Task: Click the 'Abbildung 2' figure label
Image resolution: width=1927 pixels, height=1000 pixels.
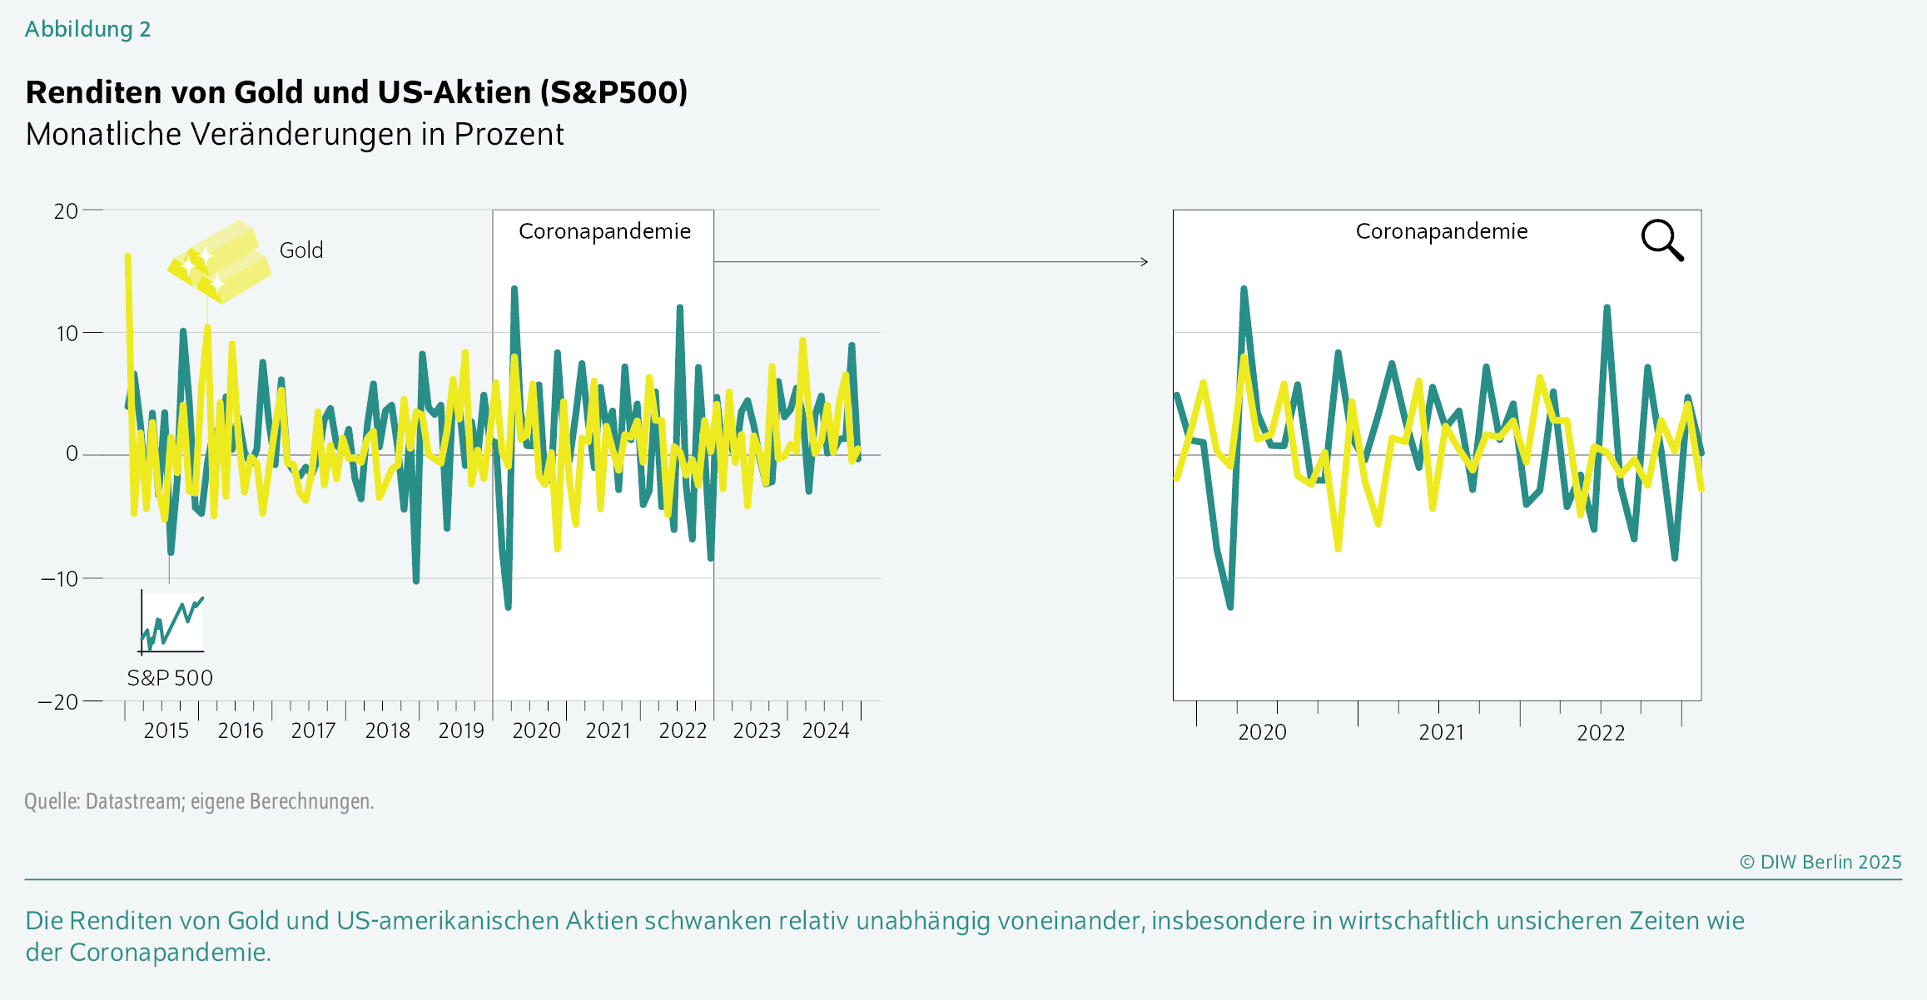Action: pos(87,29)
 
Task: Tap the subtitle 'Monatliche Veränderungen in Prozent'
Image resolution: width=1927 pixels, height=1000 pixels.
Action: pos(295,134)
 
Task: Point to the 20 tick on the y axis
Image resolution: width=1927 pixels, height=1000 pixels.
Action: pos(66,211)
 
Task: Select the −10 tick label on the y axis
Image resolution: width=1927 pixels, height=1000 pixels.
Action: pos(59,578)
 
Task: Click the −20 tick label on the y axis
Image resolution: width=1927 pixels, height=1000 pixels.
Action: pos(58,702)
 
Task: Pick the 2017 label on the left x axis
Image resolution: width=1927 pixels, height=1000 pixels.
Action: pos(313,730)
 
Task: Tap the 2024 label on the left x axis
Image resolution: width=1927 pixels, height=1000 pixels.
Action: pos(825,730)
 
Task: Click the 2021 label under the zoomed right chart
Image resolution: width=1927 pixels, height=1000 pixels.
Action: pos(1441,732)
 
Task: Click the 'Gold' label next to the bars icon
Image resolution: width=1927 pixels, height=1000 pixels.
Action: pos(301,250)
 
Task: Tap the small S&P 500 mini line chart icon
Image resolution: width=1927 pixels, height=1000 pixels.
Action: pos(171,622)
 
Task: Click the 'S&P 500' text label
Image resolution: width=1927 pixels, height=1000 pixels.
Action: pos(170,678)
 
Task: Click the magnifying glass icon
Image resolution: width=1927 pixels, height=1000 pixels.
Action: pos(1661,240)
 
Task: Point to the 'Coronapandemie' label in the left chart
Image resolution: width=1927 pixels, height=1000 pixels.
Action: pos(604,231)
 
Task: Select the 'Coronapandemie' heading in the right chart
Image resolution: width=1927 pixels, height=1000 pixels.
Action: pos(1441,231)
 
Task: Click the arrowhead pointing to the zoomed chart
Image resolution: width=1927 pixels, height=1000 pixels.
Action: pos(1145,262)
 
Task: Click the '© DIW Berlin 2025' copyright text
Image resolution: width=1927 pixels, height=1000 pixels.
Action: pos(1820,862)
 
